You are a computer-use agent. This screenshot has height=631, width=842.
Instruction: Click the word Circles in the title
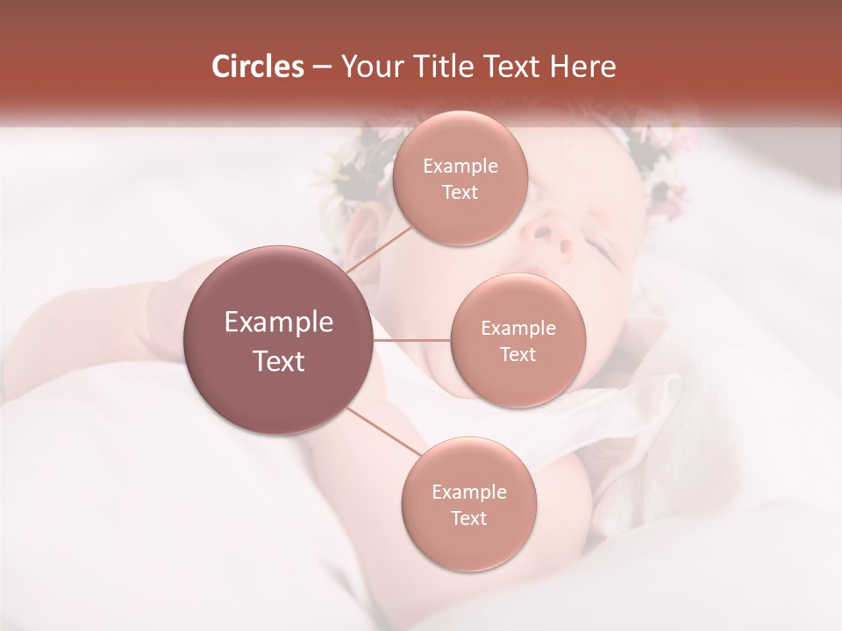[257, 67]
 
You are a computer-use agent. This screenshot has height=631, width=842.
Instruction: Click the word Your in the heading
[370, 67]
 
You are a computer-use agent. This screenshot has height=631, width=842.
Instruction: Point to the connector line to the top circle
[379, 251]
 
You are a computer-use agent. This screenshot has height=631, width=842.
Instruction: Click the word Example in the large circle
[279, 323]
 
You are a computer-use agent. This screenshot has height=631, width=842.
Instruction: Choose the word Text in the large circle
[279, 361]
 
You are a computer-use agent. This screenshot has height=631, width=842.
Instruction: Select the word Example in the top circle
[460, 167]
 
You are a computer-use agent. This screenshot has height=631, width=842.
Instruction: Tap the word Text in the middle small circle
[517, 354]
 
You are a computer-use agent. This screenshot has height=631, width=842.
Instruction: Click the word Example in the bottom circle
[468, 492]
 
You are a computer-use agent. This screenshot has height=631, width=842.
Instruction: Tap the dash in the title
[321, 67]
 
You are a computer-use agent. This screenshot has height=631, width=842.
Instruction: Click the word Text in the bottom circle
[468, 518]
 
